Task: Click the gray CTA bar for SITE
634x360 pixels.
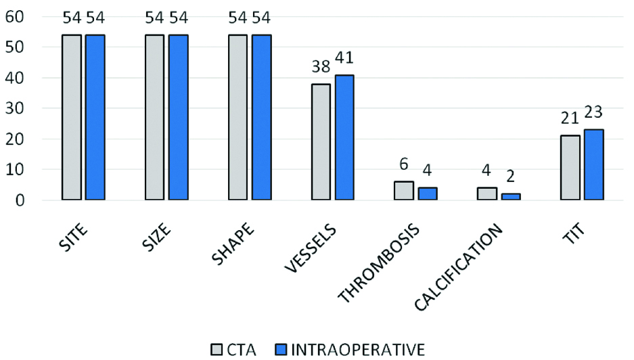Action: pyautogui.click(x=72, y=118)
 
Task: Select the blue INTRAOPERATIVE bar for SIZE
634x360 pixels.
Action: pyautogui.click(x=179, y=118)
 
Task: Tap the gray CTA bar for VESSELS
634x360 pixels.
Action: pyautogui.click(x=321, y=142)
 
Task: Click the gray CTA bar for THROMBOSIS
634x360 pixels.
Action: pyautogui.click(x=404, y=191)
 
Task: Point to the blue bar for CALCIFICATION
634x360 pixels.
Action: pyautogui.click(x=511, y=197)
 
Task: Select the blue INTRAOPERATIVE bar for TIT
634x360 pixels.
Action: pyautogui.click(x=594, y=165)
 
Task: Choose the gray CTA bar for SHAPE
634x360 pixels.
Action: pyautogui.click(x=238, y=118)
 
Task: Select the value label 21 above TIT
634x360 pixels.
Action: pyautogui.click(x=570, y=119)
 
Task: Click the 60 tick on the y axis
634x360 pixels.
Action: pyautogui.click(x=15, y=16)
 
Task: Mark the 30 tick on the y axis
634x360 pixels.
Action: pyautogui.click(x=15, y=108)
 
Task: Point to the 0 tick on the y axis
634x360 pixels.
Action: pyautogui.click(x=20, y=201)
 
